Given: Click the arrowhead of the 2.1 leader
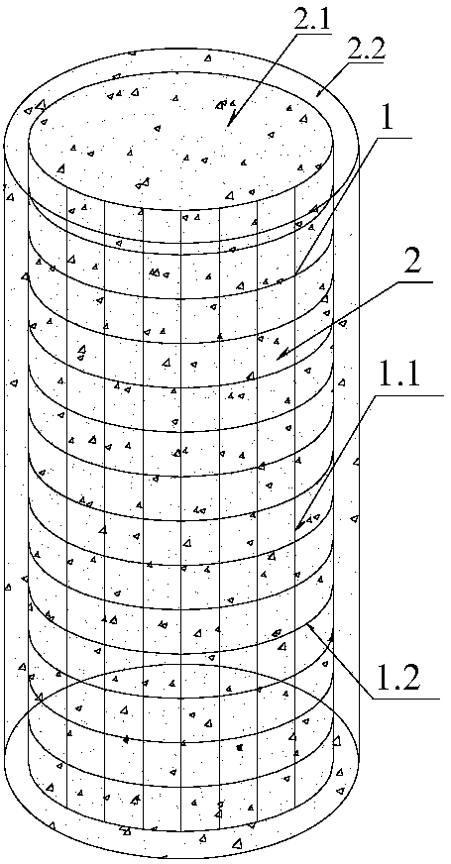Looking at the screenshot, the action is pyautogui.click(x=232, y=120).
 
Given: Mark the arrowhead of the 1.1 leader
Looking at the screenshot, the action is pyautogui.click(x=298, y=524).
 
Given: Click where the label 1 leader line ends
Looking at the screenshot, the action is pyautogui.click(x=296, y=273).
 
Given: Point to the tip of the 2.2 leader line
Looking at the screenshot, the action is pyautogui.click(x=318, y=95).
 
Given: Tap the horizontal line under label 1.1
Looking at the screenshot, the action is pyautogui.click(x=408, y=395).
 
